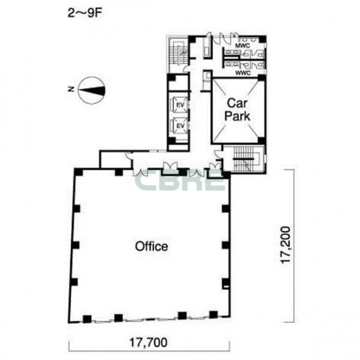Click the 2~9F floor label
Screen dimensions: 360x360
click(x=85, y=13)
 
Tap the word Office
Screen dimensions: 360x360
click(x=152, y=246)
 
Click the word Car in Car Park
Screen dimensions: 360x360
click(x=238, y=103)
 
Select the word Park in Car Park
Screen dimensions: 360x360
click(x=237, y=116)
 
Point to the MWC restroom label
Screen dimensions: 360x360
click(x=242, y=46)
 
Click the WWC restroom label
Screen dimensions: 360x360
click(x=243, y=73)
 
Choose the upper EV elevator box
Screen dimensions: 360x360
click(x=181, y=105)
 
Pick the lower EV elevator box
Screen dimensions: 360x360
click(x=181, y=125)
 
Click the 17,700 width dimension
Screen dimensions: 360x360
click(x=148, y=343)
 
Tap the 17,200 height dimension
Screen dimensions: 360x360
click(x=286, y=245)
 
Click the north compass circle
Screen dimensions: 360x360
click(x=91, y=91)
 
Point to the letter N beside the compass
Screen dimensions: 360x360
click(x=71, y=89)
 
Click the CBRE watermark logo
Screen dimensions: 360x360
click(x=180, y=181)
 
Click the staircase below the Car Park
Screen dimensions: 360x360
click(x=244, y=159)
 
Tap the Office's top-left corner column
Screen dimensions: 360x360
click(x=79, y=172)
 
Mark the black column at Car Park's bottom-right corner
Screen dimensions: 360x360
click(x=261, y=141)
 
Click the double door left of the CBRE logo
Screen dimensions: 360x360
click(x=141, y=173)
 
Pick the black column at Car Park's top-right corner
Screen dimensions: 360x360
click(x=261, y=77)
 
